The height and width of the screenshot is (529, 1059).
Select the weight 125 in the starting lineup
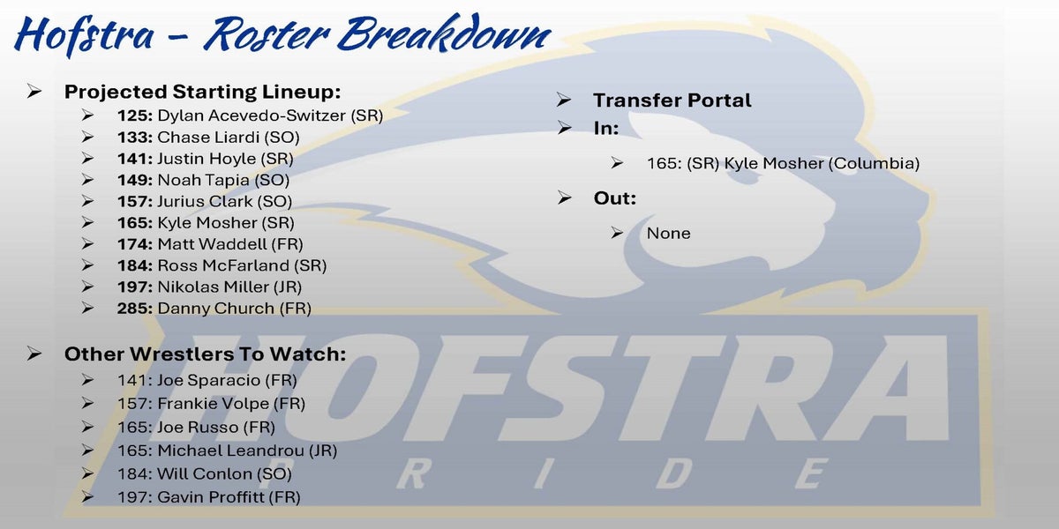135,115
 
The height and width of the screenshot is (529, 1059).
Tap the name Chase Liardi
208,138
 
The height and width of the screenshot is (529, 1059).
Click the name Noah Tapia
203,181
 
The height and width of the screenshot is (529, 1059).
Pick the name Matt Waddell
213,244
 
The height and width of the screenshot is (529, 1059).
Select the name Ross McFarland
223,265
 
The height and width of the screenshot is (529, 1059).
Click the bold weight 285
135,309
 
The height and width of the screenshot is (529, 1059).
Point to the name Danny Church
215,309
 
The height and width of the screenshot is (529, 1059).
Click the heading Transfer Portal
672,101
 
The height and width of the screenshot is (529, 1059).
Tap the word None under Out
669,234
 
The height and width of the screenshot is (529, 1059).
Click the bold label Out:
615,198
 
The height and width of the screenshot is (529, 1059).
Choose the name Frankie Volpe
213,404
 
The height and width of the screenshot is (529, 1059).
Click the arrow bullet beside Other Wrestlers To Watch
34,354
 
